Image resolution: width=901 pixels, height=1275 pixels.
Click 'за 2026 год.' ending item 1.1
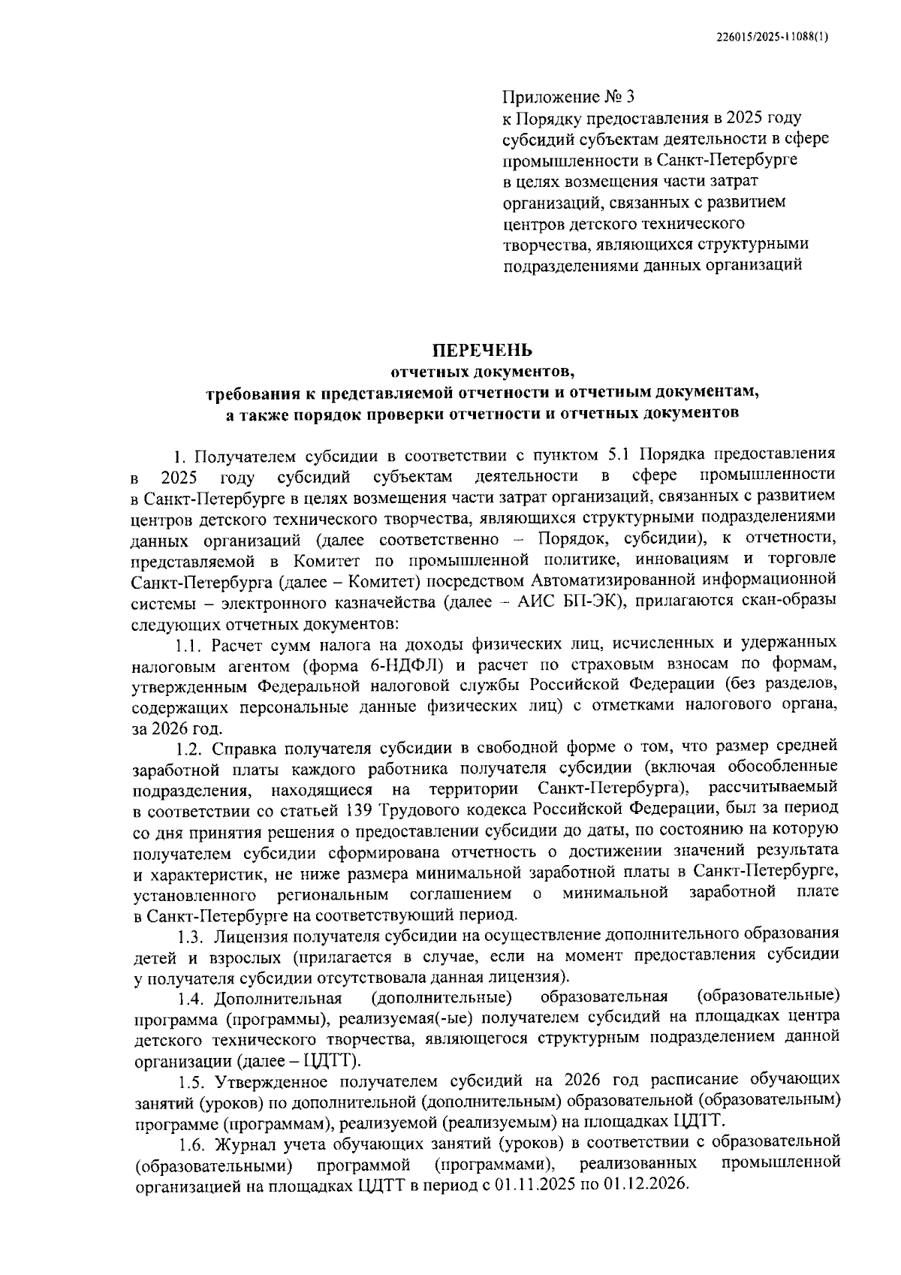pyautogui.click(x=176, y=728)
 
